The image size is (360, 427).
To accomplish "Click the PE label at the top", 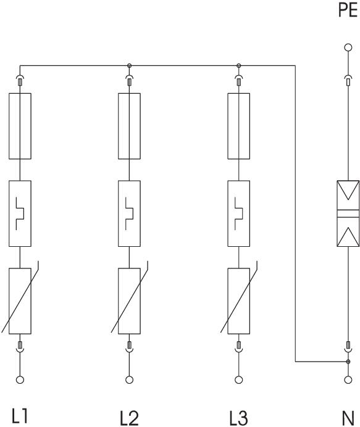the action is point(348,10).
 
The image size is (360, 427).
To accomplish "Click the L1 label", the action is point(19,416).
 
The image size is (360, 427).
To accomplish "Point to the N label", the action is point(348,418).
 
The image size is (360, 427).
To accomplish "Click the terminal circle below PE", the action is point(348,48).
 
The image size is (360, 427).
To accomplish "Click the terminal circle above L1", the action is point(20,379).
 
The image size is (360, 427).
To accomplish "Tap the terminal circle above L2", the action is point(130,379).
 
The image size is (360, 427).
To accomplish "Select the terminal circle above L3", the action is point(239,379).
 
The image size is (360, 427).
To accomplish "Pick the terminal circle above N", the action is point(348,379).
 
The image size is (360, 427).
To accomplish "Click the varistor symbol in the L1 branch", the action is point(20,301).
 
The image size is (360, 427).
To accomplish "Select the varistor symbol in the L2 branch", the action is point(130,301).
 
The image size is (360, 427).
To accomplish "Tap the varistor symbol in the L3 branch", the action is point(239,301).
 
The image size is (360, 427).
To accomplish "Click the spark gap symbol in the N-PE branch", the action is point(348,213).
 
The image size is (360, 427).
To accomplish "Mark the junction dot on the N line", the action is point(348,362).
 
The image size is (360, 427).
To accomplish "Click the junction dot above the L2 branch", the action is point(130,65).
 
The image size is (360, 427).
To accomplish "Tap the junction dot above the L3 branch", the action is point(239,65).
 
